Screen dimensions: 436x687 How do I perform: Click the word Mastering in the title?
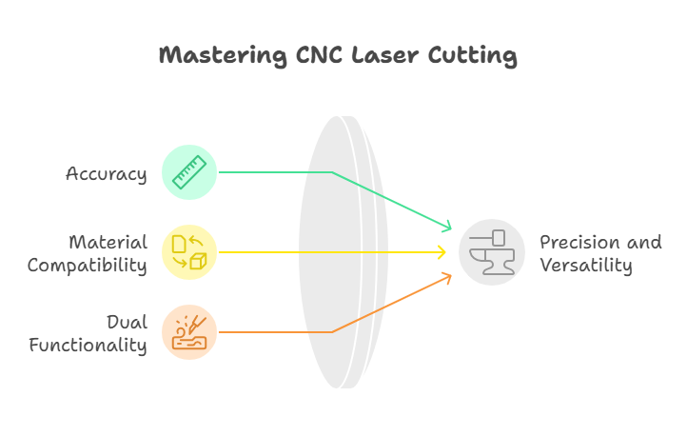tap(214, 56)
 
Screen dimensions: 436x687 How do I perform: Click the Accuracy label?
tap(106, 174)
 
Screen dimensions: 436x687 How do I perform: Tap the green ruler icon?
tap(189, 172)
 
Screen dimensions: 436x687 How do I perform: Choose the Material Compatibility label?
tap(87, 253)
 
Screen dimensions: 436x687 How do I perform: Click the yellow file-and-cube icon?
tap(189, 252)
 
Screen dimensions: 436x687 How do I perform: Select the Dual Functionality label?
tap(88, 333)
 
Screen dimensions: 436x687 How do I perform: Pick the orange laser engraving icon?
tap(189, 332)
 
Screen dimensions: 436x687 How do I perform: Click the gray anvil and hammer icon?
tap(492, 252)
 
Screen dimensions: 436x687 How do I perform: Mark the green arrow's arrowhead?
tap(447, 228)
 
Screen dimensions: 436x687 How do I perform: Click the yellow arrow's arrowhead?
tap(442, 252)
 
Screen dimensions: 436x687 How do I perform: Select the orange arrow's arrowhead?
tap(447, 277)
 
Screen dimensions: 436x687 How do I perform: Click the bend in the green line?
tap(331, 172)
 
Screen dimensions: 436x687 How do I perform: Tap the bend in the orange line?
tap(331, 332)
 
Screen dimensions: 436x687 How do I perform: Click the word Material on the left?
tap(108, 242)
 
